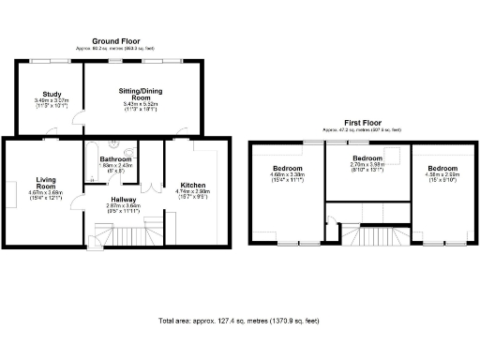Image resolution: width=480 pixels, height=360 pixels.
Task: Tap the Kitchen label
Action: coord(193,186)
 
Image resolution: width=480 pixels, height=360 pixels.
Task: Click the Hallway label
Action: coord(122,199)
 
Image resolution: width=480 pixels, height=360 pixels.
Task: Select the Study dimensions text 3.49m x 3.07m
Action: coord(52,100)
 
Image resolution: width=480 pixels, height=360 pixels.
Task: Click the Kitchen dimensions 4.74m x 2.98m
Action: coord(193,192)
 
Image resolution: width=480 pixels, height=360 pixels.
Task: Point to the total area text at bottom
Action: coord(239,321)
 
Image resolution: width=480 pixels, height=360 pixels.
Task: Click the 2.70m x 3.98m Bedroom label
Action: coord(367,157)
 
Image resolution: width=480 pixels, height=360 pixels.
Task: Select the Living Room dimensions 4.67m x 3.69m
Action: coord(47,194)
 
